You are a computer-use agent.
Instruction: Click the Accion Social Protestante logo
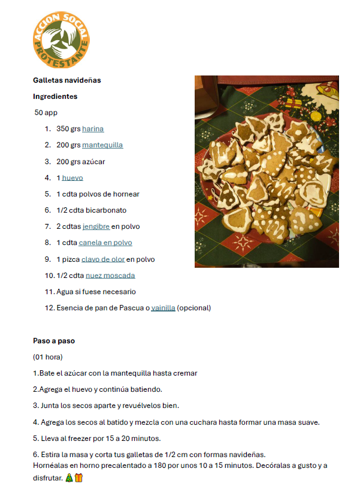tap(61, 41)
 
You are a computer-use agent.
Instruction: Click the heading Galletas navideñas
tap(66, 80)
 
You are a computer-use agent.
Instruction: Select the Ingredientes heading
tap(55, 96)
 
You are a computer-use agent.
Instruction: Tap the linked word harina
tap(93, 128)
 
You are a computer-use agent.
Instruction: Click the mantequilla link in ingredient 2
tap(102, 145)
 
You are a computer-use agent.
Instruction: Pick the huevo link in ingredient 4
tap(72, 177)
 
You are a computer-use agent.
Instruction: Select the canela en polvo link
tap(105, 243)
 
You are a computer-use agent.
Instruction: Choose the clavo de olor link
tap(102, 259)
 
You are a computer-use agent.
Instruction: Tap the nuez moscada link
tap(110, 276)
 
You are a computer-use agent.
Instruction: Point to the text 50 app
tap(46, 112)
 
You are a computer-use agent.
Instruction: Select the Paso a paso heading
tap(54, 340)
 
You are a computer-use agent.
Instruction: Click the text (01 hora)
tap(48, 357)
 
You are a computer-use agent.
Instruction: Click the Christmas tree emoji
tap(69, 478)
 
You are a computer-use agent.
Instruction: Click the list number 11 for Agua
tap(49, 292)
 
